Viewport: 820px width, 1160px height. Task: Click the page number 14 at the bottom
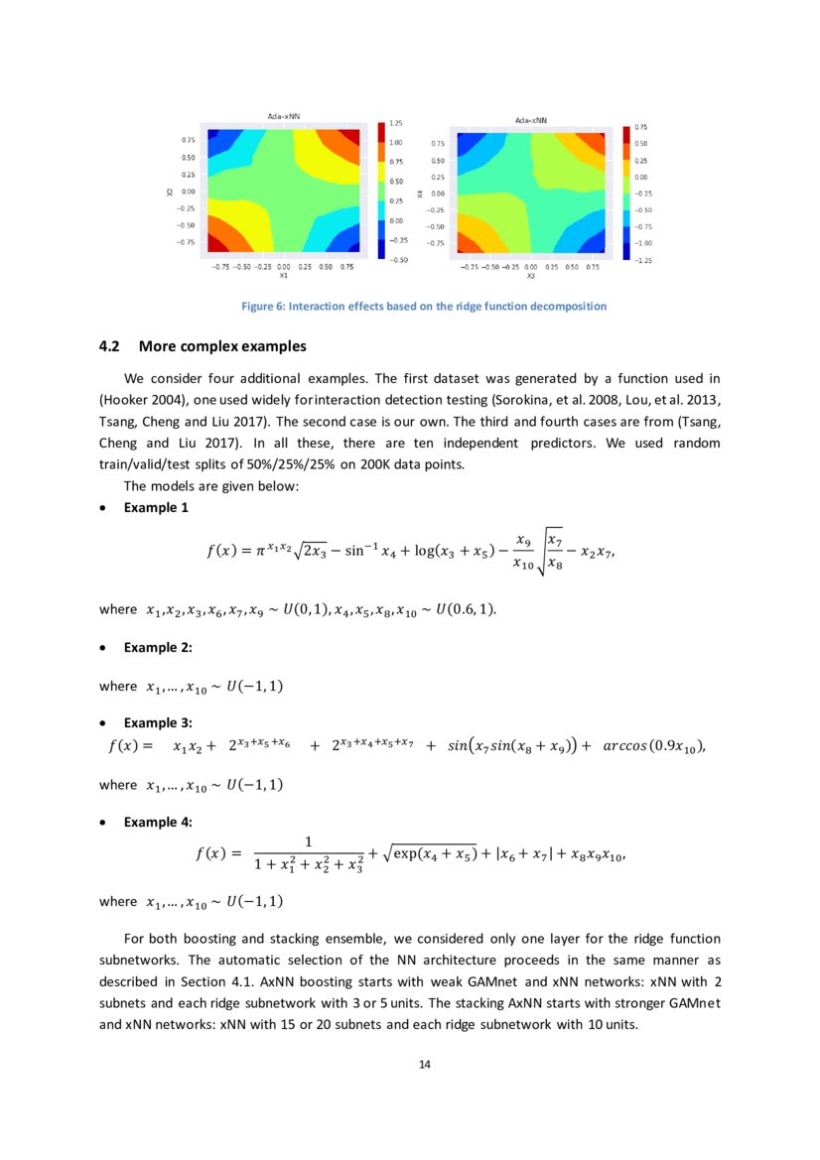pos(425,1065)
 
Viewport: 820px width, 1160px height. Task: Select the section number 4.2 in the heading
pos(110,347)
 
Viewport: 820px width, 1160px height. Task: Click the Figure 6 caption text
pos(424,306)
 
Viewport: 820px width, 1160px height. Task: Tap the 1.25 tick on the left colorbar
pos(397,123)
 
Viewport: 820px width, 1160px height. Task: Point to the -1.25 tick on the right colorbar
pos(643,259)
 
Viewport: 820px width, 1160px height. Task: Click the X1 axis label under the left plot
pos(284,276)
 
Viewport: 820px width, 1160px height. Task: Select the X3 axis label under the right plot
pos(531,276)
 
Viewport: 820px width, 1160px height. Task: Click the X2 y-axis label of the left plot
pos(170,192)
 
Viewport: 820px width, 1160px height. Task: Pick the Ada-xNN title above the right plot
pos(532,120)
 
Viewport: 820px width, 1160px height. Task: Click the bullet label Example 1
pos(156,508)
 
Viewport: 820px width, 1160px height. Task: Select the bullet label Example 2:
pos(158,647)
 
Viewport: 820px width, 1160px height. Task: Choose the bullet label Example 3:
pos(158,722)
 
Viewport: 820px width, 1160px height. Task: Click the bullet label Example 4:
pos(158,823)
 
